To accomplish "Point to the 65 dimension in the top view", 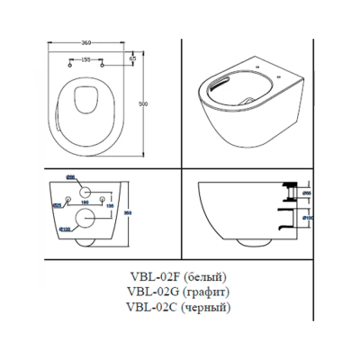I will (x=132, y=58).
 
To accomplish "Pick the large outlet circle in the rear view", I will (x=87, y=214).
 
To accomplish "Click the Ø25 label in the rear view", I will (x=57, y=203).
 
